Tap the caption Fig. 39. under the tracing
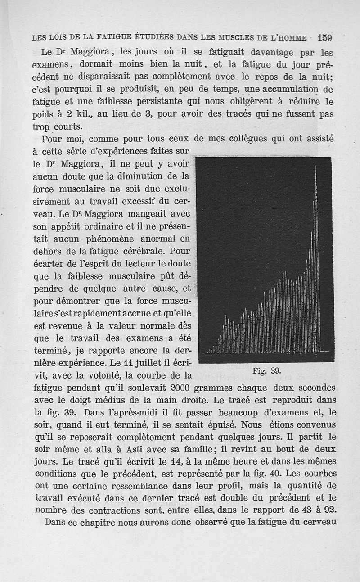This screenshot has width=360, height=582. tap(267, 370)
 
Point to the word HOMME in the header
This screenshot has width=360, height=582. tap(292, 37)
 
